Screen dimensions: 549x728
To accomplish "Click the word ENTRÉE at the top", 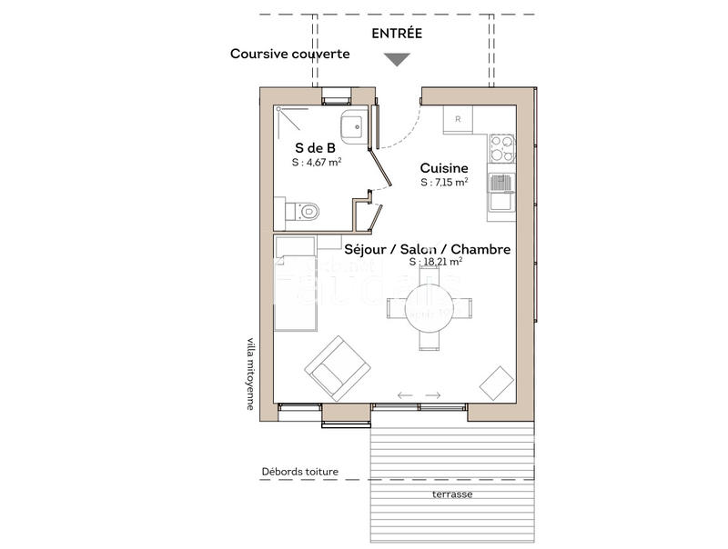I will tap(397, 34).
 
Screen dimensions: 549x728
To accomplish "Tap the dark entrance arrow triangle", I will tap(397, 60).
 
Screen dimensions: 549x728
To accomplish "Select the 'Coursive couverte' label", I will tap(289, 54).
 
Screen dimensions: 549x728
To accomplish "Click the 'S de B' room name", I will tap(315, 146).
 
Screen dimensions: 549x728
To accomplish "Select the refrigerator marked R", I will tap(458, 119).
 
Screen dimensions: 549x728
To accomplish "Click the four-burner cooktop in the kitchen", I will tap(501, 147).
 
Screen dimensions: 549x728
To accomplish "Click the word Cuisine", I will tap(444, 168).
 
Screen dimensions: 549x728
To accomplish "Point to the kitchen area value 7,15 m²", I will tap(444, 183).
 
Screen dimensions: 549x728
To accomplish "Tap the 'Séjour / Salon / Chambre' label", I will tap(427, 249).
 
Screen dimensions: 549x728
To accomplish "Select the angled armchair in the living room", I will tap(338, 368).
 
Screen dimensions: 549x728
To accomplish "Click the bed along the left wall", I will tap(296, 282).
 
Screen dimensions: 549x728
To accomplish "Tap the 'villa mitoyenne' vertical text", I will tap(251, 374).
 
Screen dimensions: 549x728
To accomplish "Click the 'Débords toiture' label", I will tap(299, 472).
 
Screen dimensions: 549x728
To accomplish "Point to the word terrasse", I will tap(452, 494).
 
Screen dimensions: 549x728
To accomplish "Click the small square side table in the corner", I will tap(497, 383).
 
